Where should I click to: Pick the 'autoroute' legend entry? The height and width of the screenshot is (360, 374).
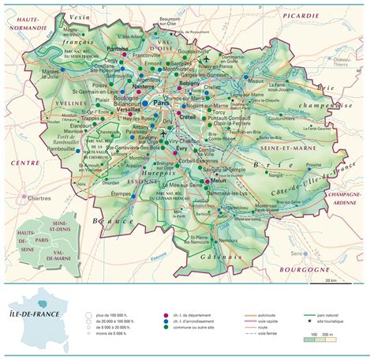(252, 296)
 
